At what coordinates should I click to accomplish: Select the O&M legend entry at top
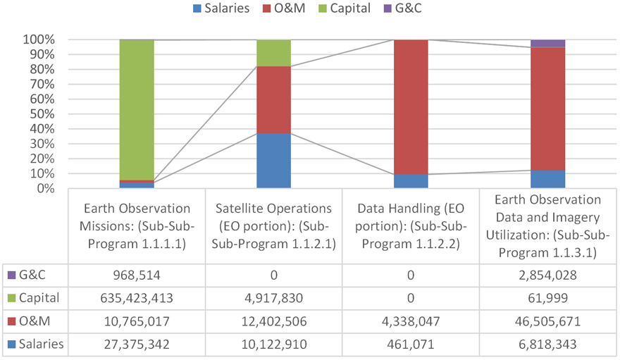click(x=288, y=8)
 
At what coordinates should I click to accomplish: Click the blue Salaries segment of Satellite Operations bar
click(x=273, y=161)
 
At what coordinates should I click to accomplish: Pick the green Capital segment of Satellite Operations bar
click(x=273, y=53)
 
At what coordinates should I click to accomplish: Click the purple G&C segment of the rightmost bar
click(x=547, y=44)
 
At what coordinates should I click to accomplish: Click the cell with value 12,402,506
click(x=273, y=321)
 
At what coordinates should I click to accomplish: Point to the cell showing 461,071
click(x=411, y=345)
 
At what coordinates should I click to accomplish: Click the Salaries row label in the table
click(x=42, y=345)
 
